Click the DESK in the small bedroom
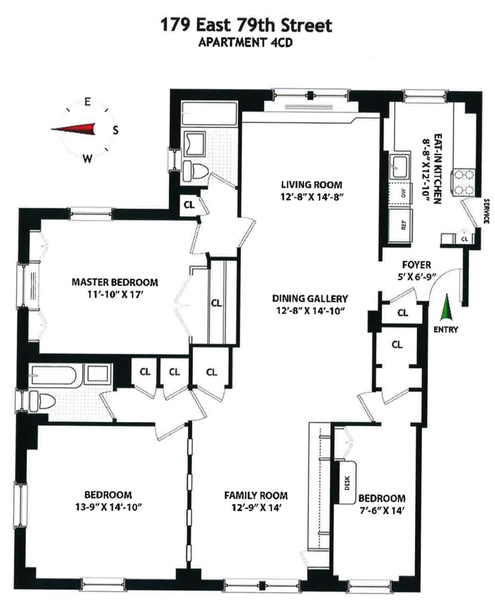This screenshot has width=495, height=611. [349, 483]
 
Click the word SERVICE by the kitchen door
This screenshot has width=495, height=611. [486, 211]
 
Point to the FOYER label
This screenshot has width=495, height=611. [417, 265]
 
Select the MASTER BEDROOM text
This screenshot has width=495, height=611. [114, 282]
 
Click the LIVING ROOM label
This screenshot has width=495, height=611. [311, 185]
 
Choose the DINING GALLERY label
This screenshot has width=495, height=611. [310, 299]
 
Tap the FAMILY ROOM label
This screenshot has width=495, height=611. [256, 496]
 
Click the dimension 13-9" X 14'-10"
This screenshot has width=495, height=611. [108, 507]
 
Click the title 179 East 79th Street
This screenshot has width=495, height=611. [247, 26]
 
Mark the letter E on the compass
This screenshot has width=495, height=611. [88, 102]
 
